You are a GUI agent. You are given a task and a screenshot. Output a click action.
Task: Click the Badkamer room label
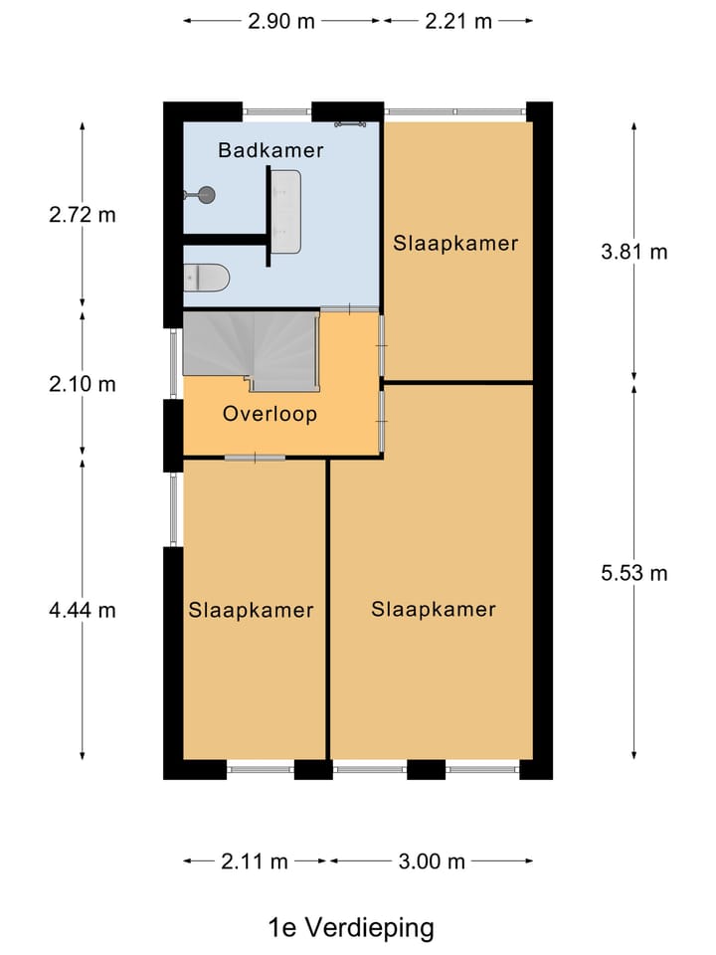point(270,150)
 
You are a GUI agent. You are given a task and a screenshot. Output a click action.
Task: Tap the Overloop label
point(269,414)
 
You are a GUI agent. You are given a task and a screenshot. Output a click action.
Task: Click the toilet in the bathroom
point(207,278)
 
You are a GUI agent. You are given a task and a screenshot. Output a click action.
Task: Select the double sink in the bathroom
point(286,211)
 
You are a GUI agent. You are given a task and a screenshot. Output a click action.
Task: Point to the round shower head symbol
point(207,194)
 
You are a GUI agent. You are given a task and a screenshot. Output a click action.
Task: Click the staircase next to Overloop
point(251,351)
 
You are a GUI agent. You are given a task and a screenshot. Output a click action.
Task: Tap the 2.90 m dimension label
point(281,21)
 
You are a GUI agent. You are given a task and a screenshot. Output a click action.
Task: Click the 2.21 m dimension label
point(457,21)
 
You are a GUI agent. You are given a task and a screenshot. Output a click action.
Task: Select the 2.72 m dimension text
point(83,215)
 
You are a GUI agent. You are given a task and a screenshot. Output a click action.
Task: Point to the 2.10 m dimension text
point(83,384)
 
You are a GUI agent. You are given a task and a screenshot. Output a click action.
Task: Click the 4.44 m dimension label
point(83,610)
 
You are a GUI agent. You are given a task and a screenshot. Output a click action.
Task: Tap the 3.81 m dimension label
point(634,252)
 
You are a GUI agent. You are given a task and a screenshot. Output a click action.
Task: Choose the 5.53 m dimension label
point(634,573)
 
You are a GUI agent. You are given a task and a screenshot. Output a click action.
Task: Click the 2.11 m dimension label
point(255,861)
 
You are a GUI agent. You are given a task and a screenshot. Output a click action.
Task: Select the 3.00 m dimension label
point(432,861)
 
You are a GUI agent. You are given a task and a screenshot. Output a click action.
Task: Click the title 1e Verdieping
point(351,927)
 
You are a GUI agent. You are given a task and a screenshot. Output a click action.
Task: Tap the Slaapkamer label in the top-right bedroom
point(455,244)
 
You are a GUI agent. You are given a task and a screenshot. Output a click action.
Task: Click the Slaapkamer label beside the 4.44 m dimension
point(251,610)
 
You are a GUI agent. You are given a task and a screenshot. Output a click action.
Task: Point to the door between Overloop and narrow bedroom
point(255,458)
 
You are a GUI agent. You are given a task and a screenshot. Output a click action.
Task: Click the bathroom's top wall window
point(277,112)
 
